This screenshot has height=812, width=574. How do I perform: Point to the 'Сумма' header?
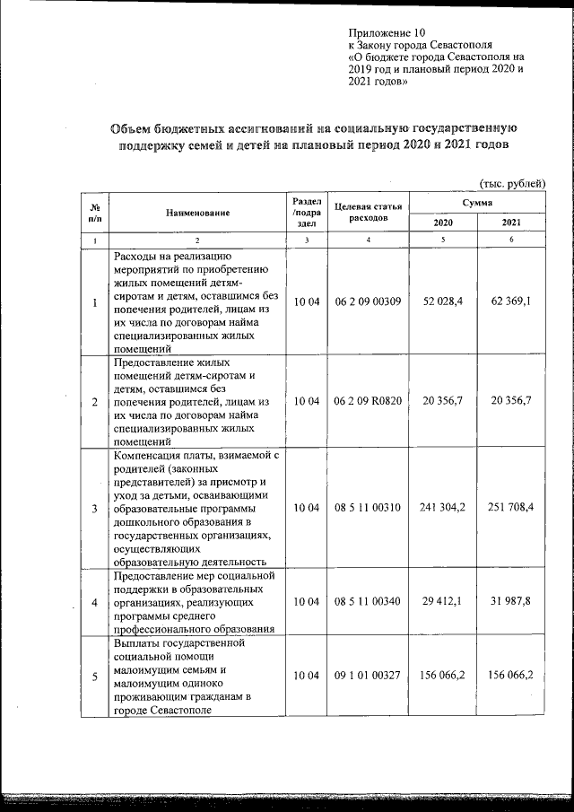pos(476,204)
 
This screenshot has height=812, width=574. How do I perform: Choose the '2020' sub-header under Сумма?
pos(443,223)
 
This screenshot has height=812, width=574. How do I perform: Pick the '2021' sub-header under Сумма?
pos(511,223)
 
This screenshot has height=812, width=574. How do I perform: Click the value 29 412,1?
pos(442,601)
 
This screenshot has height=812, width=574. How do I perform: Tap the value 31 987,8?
pos(511,601)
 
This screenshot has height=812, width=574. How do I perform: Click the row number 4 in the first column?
pos(95,601)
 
